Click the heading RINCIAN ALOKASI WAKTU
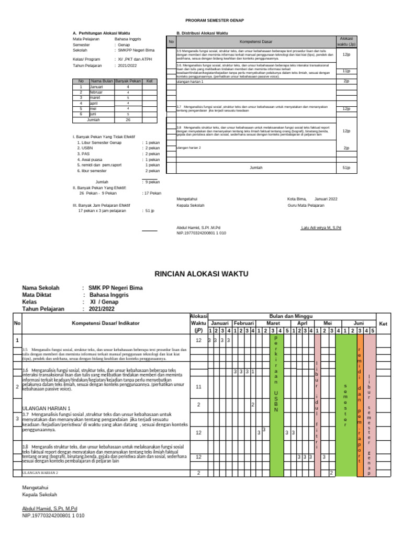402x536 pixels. (202, 274)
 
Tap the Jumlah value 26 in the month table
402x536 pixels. (128, 119)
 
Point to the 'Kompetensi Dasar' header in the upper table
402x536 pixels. (256, 41)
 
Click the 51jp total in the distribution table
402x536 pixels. (346, 167)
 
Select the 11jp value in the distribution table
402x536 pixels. (346, 71)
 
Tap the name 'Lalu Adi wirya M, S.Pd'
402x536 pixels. (321, 228)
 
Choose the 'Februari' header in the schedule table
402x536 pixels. (243, 323)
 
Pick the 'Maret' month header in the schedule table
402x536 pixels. (273, 323)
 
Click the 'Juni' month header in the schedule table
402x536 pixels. (359, 323)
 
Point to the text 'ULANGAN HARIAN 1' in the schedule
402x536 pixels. (46, 407)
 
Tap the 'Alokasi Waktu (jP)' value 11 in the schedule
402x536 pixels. (198, 387)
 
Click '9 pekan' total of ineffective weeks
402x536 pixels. (152, 182)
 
